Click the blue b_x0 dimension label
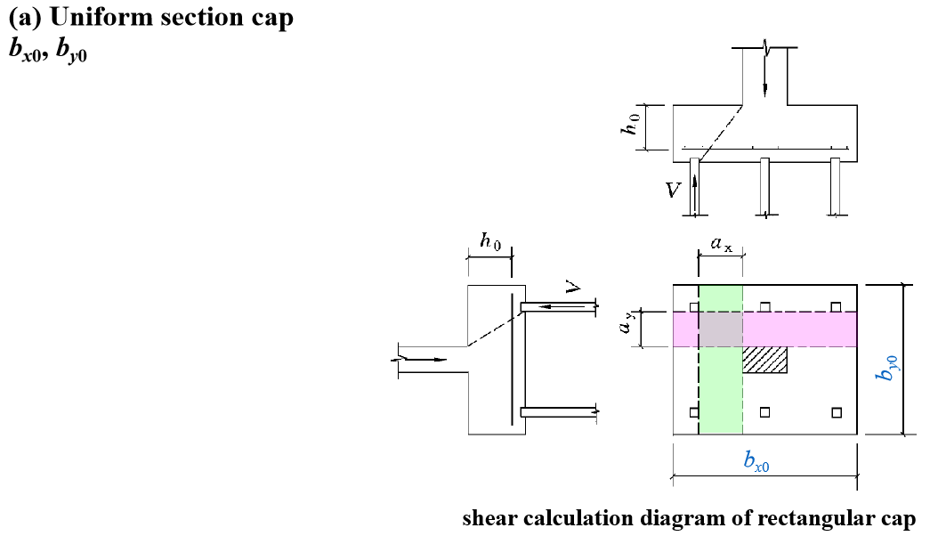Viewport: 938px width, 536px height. click(756, 460)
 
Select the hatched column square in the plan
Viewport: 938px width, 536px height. click(765, 360)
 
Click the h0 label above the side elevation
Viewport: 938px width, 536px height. click(490, 240)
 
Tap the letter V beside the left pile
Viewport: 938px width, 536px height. click(675, 190)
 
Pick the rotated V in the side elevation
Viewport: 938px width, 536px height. click(574, 288)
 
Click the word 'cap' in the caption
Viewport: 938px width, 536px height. click(893, 518)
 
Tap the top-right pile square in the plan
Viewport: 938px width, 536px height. click(836, 306)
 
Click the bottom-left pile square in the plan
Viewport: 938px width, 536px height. click(694, 411)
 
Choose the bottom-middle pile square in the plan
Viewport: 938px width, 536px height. click(765, 411)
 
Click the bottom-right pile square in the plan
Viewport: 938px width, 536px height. click(836, 411)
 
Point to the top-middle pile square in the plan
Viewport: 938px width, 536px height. click(765, 306)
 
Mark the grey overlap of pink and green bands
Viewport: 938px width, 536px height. click(721, 329)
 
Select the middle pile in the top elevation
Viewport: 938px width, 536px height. click(764, 187)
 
